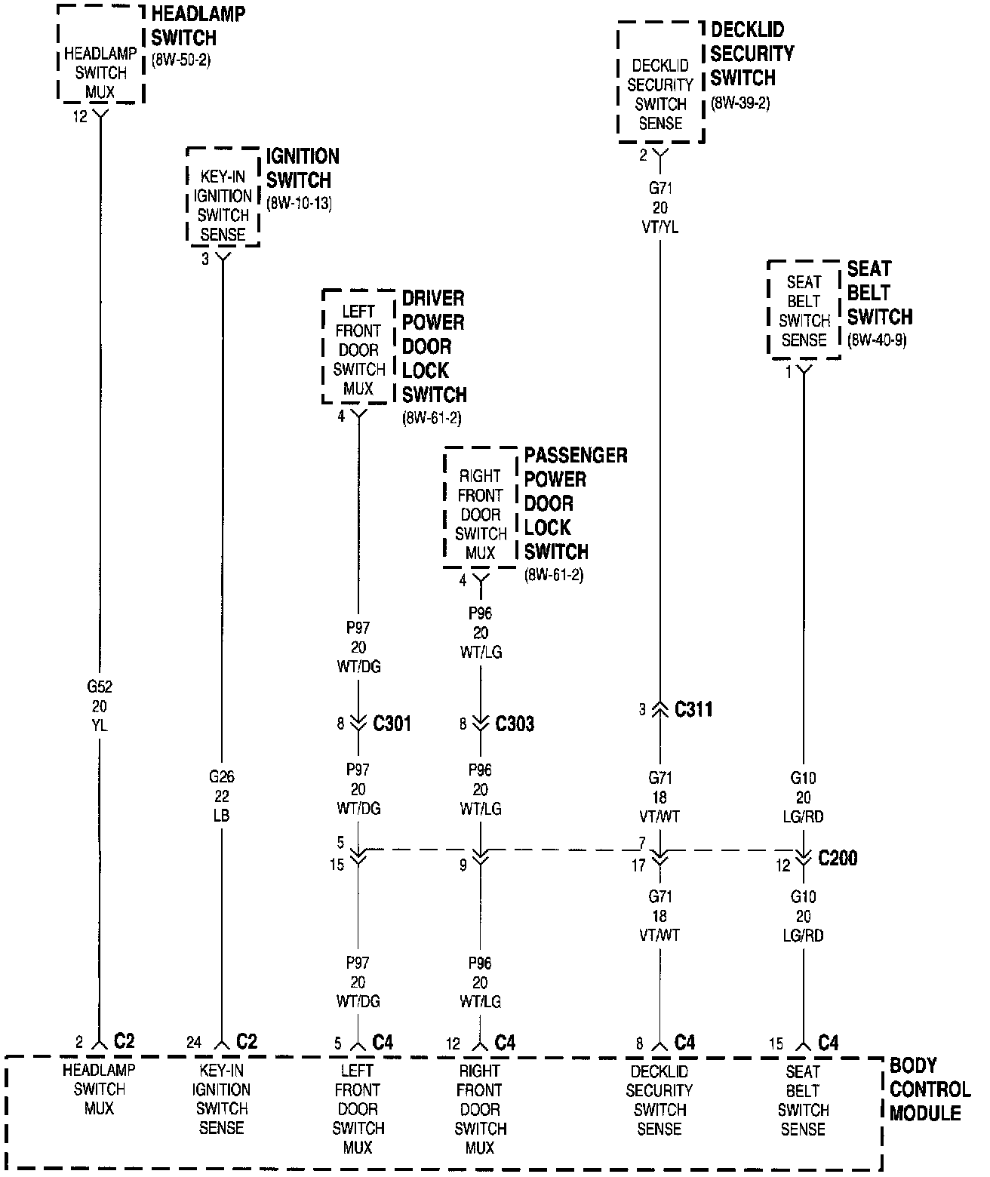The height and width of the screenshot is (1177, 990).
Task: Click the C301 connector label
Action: pyautogui.click(x=392, y=724)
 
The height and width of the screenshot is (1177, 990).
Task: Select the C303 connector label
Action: pyautogui.click(x=515, y=724)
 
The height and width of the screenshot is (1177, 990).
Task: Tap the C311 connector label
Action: pyautogui.click(x=693, y=709)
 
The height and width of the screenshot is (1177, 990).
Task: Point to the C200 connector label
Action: pyautogui.click(x=838, y=859)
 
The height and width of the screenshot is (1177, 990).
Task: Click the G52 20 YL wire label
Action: pyautogui.click(x=100, y=706)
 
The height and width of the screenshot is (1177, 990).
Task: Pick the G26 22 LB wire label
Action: pyautogui.click(x=221, y=796)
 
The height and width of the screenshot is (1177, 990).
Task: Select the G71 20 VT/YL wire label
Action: pyautogui.click(x=660, y=207)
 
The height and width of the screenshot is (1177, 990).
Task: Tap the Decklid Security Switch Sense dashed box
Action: pyautogui.click(x=660, y=83)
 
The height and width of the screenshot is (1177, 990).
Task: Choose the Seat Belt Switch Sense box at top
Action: pyautogui.click(x=804, y=310)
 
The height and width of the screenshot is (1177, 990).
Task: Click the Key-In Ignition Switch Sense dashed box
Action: pyautogui.click(x=223, y=196)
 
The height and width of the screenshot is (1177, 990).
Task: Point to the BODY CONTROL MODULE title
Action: pyautogui.click(x=928, y=1089)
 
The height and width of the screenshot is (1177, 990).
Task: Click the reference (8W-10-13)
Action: pyautogui.click(x=299, y=204)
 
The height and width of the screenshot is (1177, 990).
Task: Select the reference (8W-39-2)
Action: pyautogui.click(x=740, y=103)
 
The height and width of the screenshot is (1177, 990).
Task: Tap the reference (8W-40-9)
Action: pyautogui.click(x=877, y=340)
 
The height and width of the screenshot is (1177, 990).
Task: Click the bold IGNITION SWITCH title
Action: pyautogui.click(x=302, y=168)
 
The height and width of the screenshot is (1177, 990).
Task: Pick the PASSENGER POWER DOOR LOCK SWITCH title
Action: pyautogui.click(x=575, y=503)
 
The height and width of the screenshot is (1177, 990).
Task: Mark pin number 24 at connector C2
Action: pyautogui.click(x=194, y=1043)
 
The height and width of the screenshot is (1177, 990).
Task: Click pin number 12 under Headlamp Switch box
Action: pyautogui.click(x=80, y=117)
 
